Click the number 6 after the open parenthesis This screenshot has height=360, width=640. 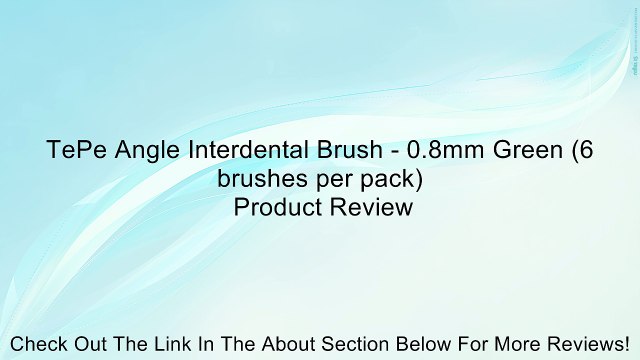(586, 153)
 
